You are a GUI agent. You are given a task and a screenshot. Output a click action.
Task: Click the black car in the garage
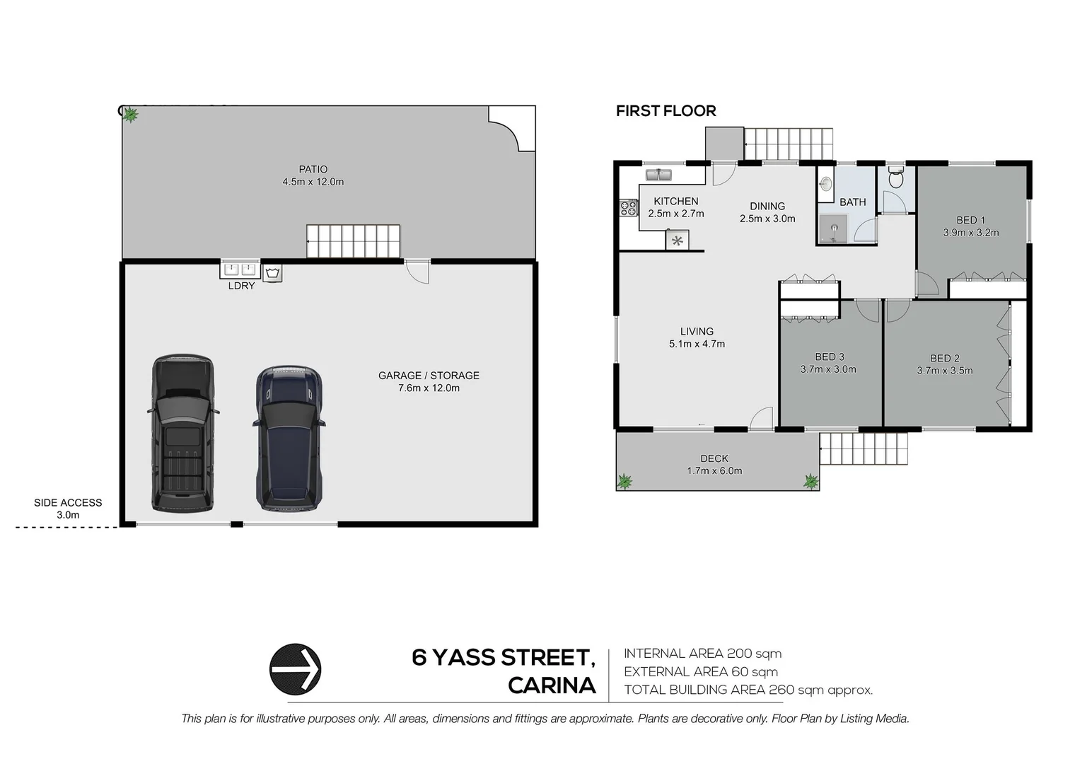[182, 433]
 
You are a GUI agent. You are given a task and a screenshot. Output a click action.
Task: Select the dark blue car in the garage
[289, 439]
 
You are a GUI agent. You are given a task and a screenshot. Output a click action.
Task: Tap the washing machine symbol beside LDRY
[272, 273]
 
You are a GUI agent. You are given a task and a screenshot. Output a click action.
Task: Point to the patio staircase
[353, 241]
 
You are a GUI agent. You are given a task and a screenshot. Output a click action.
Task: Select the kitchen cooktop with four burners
[628, 208]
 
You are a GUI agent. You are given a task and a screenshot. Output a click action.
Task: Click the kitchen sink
[658, 174]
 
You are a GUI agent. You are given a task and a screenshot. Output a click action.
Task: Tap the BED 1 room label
[970, 220]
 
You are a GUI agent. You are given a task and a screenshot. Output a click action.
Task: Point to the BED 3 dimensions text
[828, 369]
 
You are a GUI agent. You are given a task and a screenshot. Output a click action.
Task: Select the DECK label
[714, 458]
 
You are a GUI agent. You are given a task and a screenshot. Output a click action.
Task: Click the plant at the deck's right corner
[810, 482]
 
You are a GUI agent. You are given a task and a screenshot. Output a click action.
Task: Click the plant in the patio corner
[130, 115]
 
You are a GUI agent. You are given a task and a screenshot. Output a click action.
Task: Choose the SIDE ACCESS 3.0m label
[68, 509]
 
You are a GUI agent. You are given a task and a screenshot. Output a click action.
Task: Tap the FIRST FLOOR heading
[666, 111]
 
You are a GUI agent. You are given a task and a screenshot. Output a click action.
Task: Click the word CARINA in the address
[552, 685]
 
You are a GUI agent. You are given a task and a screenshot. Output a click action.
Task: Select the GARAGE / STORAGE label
[429, 376]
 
